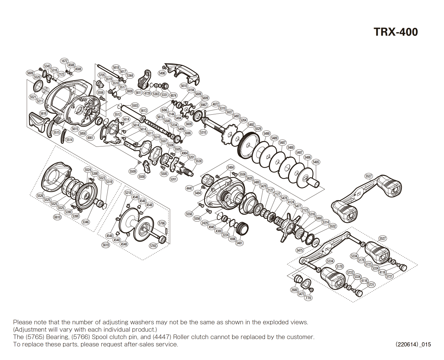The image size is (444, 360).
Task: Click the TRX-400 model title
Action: pyautogui.click(x=396, y=32)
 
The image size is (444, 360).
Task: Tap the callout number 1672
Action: pyautogui.click(x=64, y=61)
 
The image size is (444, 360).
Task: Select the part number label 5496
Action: pyautogui.click(x=162, y=73)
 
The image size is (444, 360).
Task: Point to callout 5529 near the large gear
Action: pyautogui.click(x=258, y=129)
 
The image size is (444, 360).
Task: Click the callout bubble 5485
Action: pyautogui.click(x=316, y=162)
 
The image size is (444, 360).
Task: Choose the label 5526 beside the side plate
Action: pyautogui.click(x=40, y=195)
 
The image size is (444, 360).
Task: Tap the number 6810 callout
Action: pyautogui.click(x=57, y=217)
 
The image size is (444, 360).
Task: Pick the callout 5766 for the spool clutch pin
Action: pyautogui.click(x=162, y=223)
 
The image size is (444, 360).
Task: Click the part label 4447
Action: pyautogui.click(x=189, y=188)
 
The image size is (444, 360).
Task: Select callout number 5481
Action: pyautogui.click(x=239, y=243)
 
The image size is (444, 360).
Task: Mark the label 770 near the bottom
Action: pyautogui.click(x=308, y=298)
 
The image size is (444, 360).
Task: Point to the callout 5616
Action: pyautogui.click(x=43, y=113)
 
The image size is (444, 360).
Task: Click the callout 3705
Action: pyautogui.click(x=102, y=75)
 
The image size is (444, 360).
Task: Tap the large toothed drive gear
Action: pyautogui.click(x=248, y=144)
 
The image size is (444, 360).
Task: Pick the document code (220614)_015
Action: pyautogui.click(x=413, y=344)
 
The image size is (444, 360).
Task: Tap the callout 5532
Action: pyautogui.click(x=332, y=226)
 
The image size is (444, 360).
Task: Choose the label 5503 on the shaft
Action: pyautogui.click(x=135, y=105)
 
